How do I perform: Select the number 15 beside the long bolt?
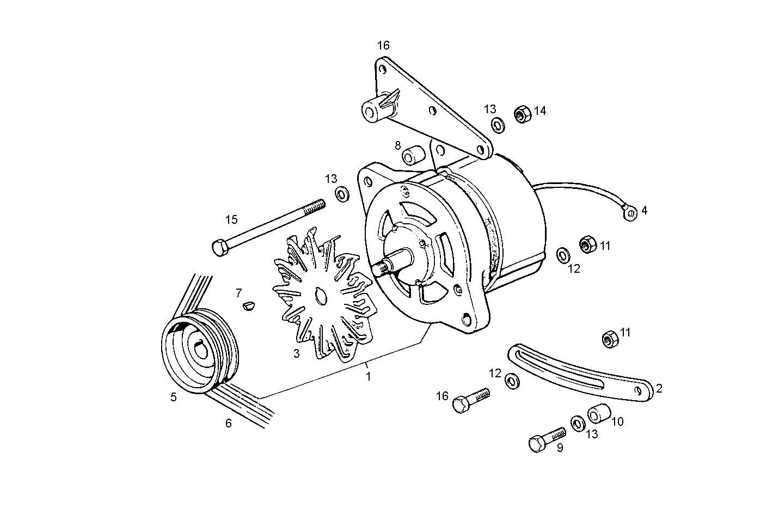pyautogui.click(x=231, y=219)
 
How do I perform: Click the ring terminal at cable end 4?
pyautogui.click(x=629, y=213)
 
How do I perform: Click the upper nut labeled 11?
pyautogui.click(x=587, y=244)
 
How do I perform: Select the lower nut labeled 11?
pyautogui.click(x=609, y=339)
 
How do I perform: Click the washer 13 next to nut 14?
pyautogui.click(x=498, y=125)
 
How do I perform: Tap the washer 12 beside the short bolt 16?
pyautogui.click(x=512, y=381)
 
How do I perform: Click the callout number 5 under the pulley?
pyautogui.click(x=173, y=397)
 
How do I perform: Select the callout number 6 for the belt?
pyautogui.click(x=229, y=423)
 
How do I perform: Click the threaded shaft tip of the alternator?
pyautogui.click(x=382, y=268)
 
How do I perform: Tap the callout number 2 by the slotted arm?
pyautogui.click(x=659, y=388)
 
